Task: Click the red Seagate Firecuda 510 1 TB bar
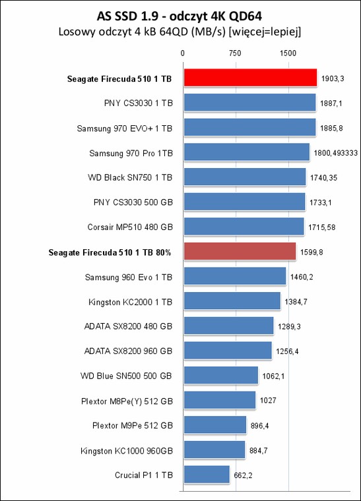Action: tap(250, 78)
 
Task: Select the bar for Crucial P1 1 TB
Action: tap(207, 474)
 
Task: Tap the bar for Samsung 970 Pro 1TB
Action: tap(247, 152)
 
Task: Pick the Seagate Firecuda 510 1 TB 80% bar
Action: tap(240, 251)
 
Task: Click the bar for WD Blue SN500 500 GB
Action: tap(221, 375)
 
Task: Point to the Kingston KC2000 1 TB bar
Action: tap(232, 301)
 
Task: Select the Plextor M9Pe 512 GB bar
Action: tap(215, 425)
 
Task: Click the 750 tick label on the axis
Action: tap(235, 53)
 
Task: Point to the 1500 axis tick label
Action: tap(288, 53)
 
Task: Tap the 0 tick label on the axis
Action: tap(183, 53)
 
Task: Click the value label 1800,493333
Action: tap(335, 153)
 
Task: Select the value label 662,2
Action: tap(243, 475)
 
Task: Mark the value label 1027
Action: tap(268, 400)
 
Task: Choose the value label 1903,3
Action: tap(333, 78)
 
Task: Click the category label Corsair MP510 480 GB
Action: tap(130, 227)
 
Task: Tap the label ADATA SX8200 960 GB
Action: tap(128, 351)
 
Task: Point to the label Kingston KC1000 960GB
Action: tap(127, 451)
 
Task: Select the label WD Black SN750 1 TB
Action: tap(130, 177)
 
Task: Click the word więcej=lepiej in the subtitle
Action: tap(265, 32)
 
